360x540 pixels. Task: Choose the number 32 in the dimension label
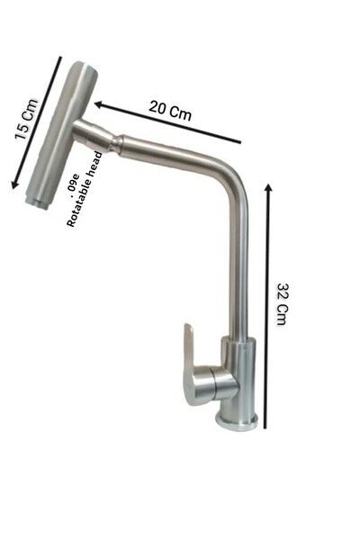281,292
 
